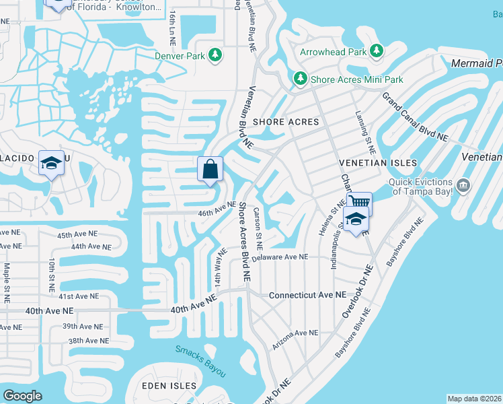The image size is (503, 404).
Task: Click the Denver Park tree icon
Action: [x=215, y=55]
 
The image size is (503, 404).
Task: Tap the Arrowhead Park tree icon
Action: [x=377, y=51]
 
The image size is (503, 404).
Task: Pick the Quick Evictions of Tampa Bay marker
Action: [x=463, y=184]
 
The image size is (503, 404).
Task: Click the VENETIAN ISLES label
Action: [x=378, y=163]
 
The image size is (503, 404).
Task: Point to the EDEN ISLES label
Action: [x=169, y=386]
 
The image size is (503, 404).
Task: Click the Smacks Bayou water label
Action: [x=200, y=361]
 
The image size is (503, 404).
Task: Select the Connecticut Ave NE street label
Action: [x=307, y=295]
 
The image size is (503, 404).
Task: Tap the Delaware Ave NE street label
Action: [x=280, y=257]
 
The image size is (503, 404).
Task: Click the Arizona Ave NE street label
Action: [x=295, y=338]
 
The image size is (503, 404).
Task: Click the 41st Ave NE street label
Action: [x=78, y=296]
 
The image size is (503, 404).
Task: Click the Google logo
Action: [x=22, y=396]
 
